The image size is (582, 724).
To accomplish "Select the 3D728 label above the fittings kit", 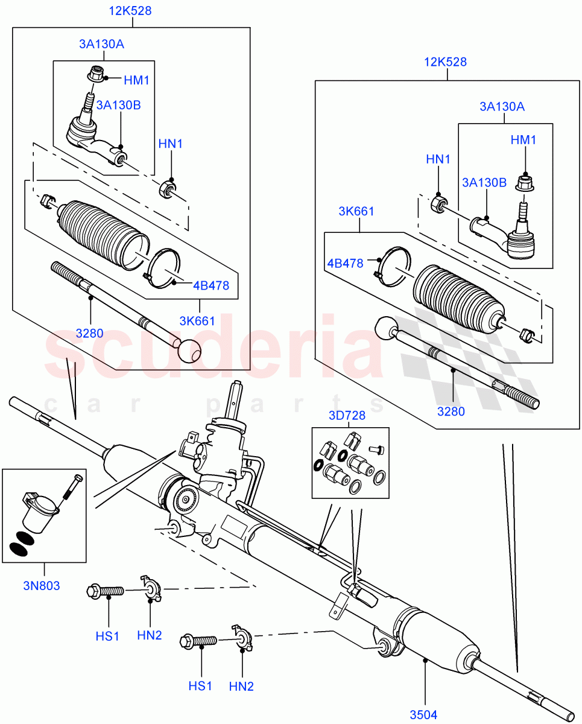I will pos(347,416).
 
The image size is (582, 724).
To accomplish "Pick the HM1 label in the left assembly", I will pos(136,80).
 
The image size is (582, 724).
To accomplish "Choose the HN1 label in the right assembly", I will pos(438,159).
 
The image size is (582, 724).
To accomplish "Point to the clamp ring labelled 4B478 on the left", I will pos(162,269).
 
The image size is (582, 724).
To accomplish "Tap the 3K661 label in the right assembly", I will pos(356,211).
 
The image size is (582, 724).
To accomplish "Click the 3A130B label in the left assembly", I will pos(119,105).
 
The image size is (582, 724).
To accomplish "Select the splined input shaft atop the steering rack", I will pos(236,398).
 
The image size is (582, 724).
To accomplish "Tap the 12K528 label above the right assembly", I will pos(446,62).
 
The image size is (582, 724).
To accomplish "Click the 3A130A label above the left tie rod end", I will pos(101,43).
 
